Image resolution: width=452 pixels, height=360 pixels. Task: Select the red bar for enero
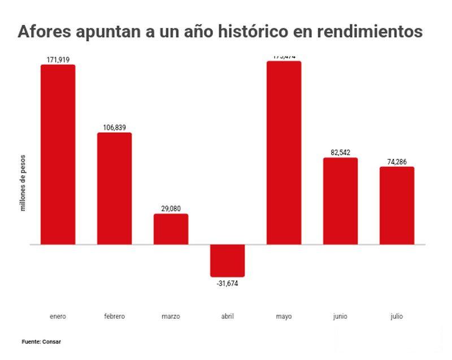58,154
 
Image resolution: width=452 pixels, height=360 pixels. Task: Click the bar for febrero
114,188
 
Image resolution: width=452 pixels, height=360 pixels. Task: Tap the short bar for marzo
171,229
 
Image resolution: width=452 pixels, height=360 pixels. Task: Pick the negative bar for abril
227,261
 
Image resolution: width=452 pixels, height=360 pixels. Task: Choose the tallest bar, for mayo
284,153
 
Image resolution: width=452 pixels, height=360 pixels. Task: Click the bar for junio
340,201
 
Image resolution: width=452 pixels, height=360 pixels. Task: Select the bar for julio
397,205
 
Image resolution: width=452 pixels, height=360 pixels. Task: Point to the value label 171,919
58,59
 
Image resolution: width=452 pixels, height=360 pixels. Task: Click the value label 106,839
114,128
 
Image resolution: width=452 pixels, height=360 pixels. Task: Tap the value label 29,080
171,209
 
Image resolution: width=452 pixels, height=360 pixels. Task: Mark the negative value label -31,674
227,283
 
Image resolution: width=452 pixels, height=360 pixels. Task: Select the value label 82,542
340,153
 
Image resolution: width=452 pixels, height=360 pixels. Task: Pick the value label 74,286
397,162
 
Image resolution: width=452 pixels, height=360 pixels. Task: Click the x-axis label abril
227,316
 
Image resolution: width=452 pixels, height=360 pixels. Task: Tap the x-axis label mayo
284,316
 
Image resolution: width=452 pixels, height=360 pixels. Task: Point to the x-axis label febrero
114,316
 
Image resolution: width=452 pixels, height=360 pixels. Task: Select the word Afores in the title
44,32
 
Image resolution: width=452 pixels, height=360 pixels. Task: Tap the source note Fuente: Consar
41,342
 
